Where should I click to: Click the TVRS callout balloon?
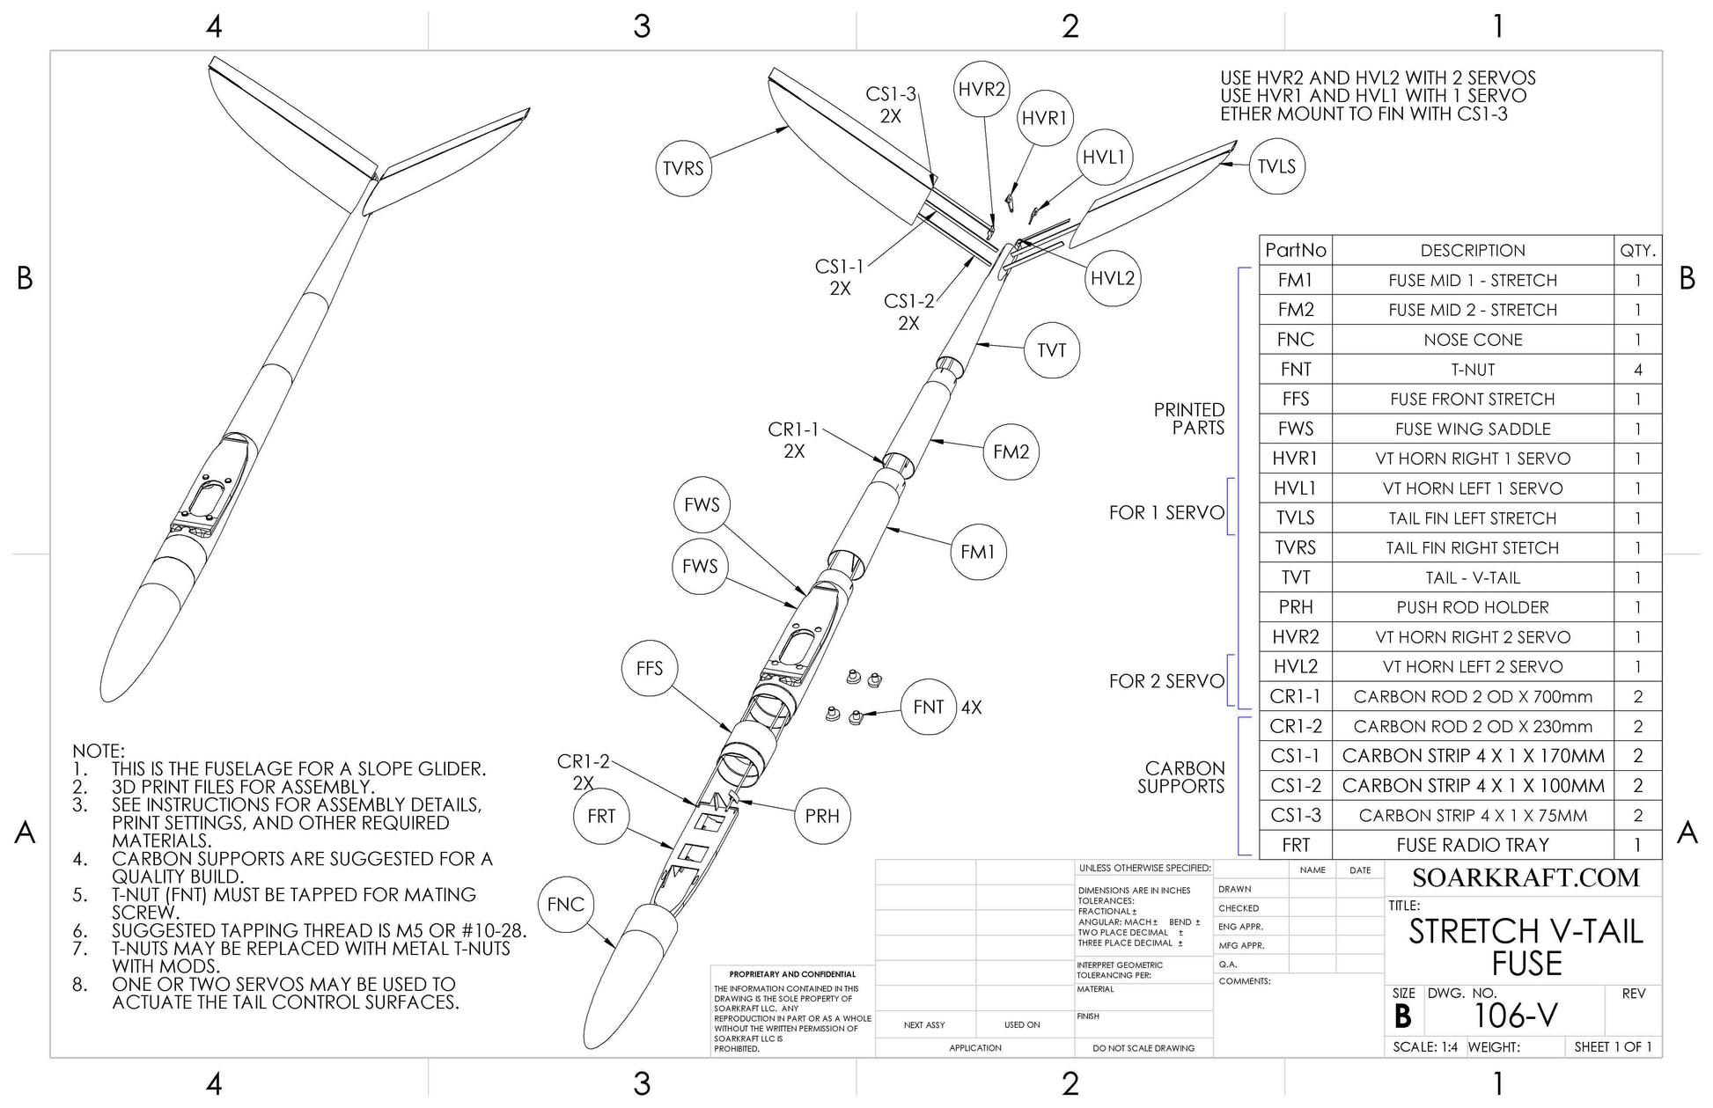tap(683, 168)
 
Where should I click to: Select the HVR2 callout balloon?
tap(981, 90)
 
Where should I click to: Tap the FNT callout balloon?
tap(928, 707)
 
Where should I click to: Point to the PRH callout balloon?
tap(821, 816)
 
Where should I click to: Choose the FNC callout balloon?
tap(565, 904)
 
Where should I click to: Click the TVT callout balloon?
tap(1051, 350)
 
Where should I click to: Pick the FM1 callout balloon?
tap(977, 552)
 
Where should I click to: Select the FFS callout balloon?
tap(649, 668)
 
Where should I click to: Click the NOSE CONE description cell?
tap(1472, 340)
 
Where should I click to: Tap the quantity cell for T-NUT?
tap(1637, 370)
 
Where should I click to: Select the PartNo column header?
tap(1295, 250)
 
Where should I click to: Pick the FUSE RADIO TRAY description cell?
tap(1472, 845)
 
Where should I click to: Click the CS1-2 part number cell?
tap(1295, 785)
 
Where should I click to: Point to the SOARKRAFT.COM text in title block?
tap(1526, 877)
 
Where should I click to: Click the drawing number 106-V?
tap(1515, 1016)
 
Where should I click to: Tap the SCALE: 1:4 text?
tap(1425, 1047)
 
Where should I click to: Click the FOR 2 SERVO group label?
tap(1166, 681)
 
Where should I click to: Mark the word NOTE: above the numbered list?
tap(99, 751)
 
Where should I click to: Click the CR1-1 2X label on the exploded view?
tap(793, 440)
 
